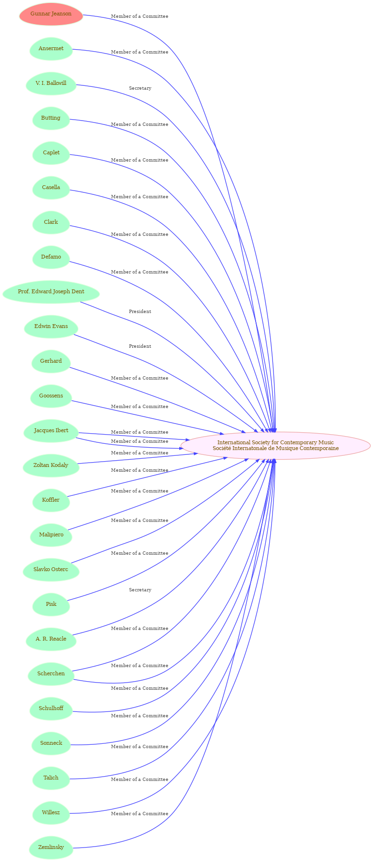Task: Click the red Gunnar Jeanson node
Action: (51, 14)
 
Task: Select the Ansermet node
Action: (51, 49)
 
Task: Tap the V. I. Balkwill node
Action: (51, 83)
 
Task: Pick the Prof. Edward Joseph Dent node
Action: (51, 292)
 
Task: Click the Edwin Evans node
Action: (51, 327)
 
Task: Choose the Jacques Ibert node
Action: (51, 431)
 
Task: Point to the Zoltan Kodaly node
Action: (51, 465)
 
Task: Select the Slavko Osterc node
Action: (51, 570)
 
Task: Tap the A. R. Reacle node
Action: (51, 639)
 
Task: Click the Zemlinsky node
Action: (51, 848)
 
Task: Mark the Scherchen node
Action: (51, 674)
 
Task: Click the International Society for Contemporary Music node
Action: (275, 445)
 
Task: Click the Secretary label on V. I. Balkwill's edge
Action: (140, 88)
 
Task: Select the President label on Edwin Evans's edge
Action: (140, 346)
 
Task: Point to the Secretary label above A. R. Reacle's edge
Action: (140, 590)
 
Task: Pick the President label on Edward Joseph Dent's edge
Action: (140, 312)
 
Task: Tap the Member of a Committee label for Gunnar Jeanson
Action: (140, 16)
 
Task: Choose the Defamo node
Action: (51, 257)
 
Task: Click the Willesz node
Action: (51, 813)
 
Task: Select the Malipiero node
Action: (51, 535)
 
